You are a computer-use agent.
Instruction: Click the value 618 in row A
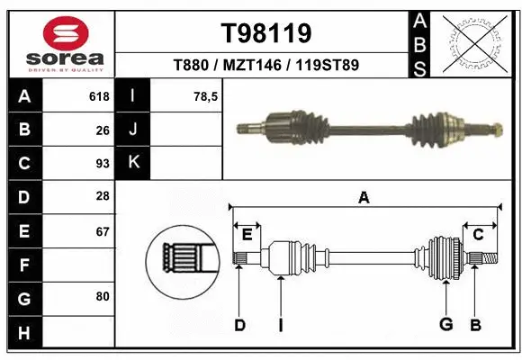click(99, 96)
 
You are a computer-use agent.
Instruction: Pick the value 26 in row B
click(103, 130)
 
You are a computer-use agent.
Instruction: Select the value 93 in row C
click(103, 164)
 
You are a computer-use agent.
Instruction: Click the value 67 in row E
click(103, 231)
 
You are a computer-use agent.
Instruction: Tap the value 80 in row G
click(103, 296)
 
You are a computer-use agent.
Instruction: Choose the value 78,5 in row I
click(206, 96)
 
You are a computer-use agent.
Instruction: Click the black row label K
click(133, 163)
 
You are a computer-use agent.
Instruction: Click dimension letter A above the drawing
click(364, 198)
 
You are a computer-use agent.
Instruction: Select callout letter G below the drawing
click(445, 325)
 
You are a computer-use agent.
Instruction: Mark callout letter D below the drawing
click(239, 325)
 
